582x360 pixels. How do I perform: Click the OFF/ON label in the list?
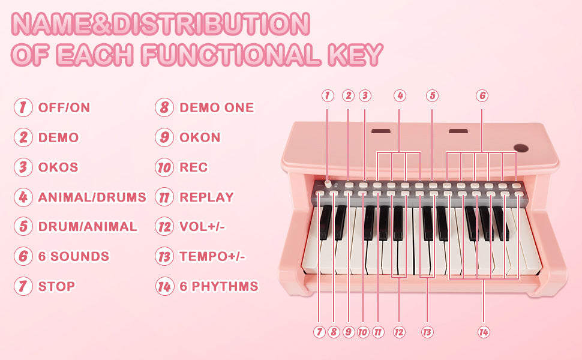click(x=64, y=107)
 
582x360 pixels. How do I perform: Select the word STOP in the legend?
click(x=56, y=286)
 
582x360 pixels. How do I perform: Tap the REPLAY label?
click(x=206, y=197)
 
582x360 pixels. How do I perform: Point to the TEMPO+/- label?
click(x=212, y=256)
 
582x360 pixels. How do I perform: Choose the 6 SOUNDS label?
click(x=74, y=256)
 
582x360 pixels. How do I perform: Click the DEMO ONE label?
click(x=217, y=107)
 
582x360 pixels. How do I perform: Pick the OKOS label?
click(x=58, y=167)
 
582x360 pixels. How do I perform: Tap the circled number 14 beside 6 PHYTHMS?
click(x=164, y=286)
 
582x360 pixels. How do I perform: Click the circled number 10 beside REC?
click(x=164, y=167)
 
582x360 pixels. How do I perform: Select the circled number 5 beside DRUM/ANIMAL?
click(x=23, y=226)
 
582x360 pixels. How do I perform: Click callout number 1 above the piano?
click(x=328, y=96)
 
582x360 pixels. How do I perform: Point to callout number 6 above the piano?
click(x=482, y=96)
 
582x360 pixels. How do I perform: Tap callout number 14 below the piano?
click(x=484, y=332)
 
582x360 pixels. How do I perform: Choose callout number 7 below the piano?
click(x=319, y=332)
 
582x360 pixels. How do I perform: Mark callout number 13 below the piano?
click(x=427, y=332)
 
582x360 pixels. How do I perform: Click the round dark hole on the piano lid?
click(x=521, y=148)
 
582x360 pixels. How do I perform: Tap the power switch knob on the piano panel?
click(x=328, y=184)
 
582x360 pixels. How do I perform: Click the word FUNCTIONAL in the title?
click(x=231, y=55)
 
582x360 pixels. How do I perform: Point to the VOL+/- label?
click(x=202, y=226)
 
